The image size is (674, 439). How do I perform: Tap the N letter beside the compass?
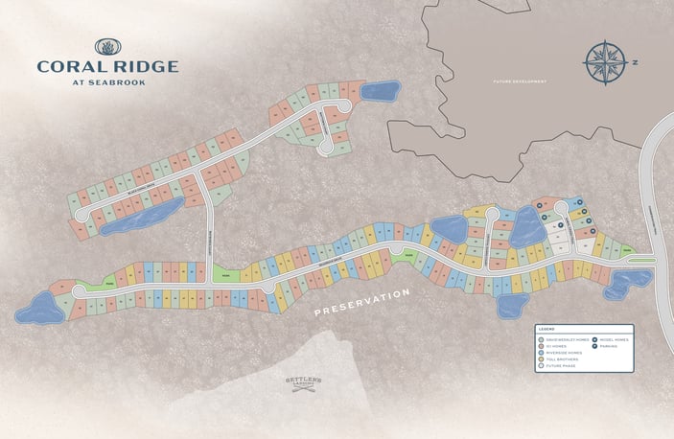click(634, 64)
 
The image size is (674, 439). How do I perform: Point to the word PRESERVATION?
click(362, 300)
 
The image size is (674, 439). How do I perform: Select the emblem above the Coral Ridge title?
click(106, 46)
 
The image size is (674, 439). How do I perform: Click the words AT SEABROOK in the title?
click(106, 80)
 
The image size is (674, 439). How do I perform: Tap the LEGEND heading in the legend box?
click(546, 329)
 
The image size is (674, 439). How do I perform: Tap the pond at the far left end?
click(35, 309)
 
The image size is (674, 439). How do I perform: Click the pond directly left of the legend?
click(513, 306)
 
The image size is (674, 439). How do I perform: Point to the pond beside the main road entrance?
click(630, 280)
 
